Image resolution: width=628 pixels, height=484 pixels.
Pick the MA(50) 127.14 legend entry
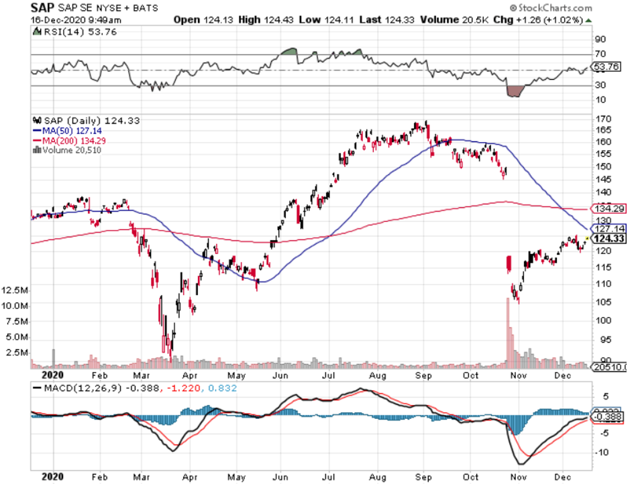(68, 131)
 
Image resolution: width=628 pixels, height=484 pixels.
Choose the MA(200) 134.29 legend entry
(70, 141)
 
